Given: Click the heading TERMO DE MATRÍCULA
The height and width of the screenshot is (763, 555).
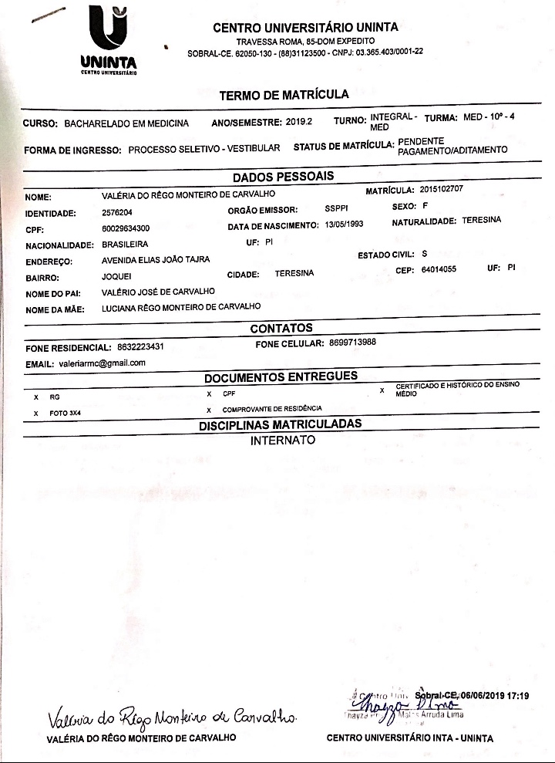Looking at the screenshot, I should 284,96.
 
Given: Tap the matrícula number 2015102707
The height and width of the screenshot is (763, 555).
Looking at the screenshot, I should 442,189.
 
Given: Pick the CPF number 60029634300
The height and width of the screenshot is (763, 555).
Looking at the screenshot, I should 126,228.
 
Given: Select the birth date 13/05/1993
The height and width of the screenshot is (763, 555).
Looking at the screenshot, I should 342,225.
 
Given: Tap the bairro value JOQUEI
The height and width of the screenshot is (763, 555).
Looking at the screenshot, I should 116,275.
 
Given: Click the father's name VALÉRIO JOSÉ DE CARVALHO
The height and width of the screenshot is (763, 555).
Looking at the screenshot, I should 158,292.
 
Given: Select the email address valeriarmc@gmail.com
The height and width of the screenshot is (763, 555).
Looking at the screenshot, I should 96,363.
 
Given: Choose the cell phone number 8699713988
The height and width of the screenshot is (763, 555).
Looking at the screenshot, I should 351,343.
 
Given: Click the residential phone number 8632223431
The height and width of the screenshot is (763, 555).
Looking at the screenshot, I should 140,347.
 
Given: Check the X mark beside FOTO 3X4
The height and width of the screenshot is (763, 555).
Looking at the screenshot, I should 35,414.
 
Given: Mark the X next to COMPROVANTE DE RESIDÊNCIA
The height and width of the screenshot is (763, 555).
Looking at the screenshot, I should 208,410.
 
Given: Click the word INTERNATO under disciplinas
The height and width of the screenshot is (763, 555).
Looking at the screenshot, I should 283,441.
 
